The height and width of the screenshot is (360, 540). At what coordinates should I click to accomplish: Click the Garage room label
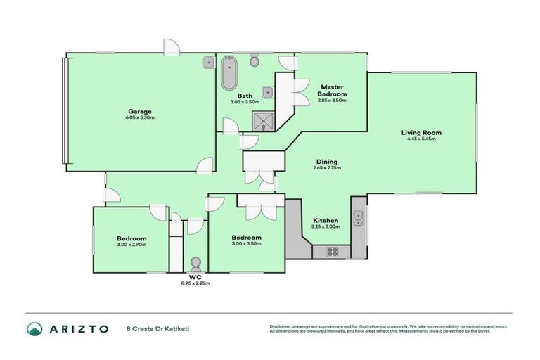coord(140,111)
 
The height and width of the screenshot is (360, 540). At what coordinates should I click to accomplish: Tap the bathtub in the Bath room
coord(229,75)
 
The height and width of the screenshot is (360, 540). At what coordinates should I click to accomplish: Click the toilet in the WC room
coord(195,263)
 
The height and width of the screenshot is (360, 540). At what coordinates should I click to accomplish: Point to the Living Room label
coord(421,132)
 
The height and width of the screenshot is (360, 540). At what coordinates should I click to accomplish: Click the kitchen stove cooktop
coord(331,252)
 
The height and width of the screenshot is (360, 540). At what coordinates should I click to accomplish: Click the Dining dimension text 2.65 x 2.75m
coord(328,168)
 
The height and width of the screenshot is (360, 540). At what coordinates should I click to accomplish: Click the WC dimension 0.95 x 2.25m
coord(195,283)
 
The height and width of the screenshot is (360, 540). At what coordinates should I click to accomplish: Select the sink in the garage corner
coord(209,63)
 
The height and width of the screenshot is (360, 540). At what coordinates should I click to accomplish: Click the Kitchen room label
coord(326,220)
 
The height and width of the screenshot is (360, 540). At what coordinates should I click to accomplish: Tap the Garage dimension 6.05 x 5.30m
coord(140,117)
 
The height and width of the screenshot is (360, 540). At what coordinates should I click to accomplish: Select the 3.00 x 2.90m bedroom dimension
coord(131,244)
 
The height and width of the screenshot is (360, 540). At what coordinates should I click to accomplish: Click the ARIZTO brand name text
coord(79,328)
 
